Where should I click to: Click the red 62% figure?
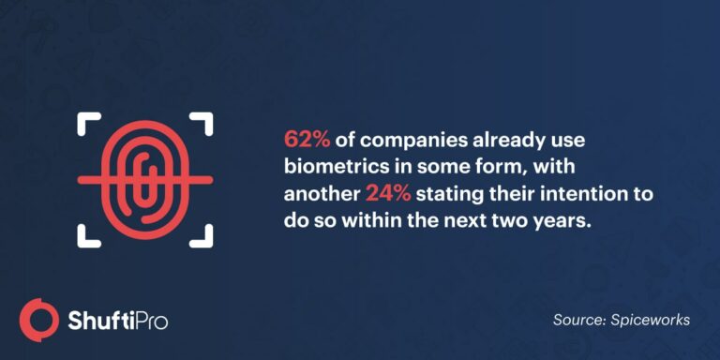pos(306,140)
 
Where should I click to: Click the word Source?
pos(576,320)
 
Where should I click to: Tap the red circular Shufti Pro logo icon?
pos(39,319)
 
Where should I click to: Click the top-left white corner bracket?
pos(87,123)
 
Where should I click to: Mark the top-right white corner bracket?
pos(202,123)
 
